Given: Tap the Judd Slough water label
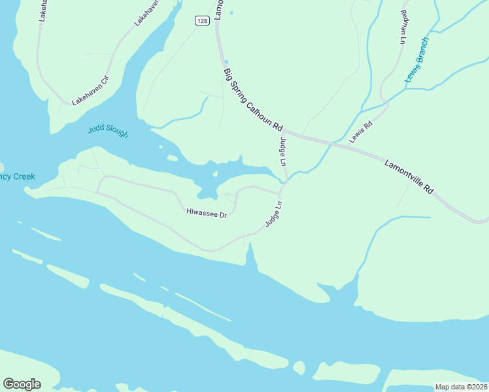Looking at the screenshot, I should point(108,131).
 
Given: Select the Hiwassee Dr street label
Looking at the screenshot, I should point(206,213).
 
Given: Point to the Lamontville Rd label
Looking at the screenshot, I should point(409,176).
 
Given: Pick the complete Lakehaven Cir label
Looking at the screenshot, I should point(90,91).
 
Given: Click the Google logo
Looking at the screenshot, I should point(22,384).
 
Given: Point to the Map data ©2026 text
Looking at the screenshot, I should point(461,387).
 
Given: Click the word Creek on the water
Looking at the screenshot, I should point(24,176).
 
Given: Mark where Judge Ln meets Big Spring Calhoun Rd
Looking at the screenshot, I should point(282,130).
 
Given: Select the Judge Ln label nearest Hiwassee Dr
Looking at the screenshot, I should point(273,214).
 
